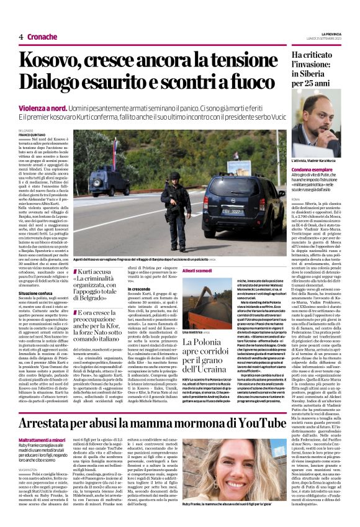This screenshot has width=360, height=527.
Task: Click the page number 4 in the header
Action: click(x=20, y=37)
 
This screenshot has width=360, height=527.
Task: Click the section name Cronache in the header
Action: click(x=42, y=37)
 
